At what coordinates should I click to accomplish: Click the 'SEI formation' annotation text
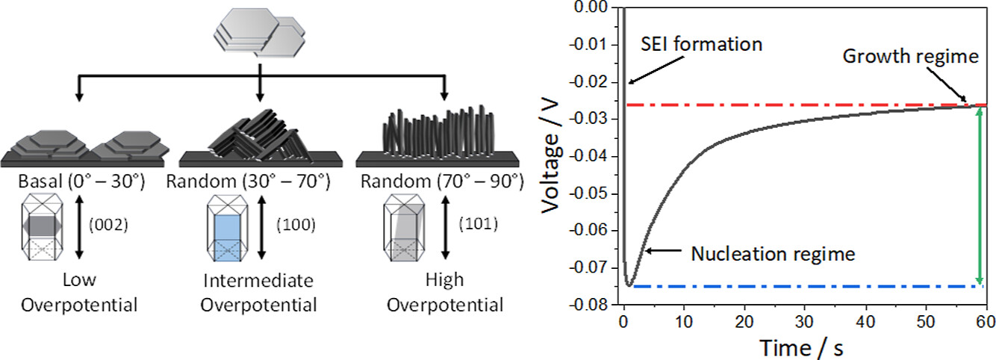click(x=702, y=44)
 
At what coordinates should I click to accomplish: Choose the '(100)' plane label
click(x=290, y=223)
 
